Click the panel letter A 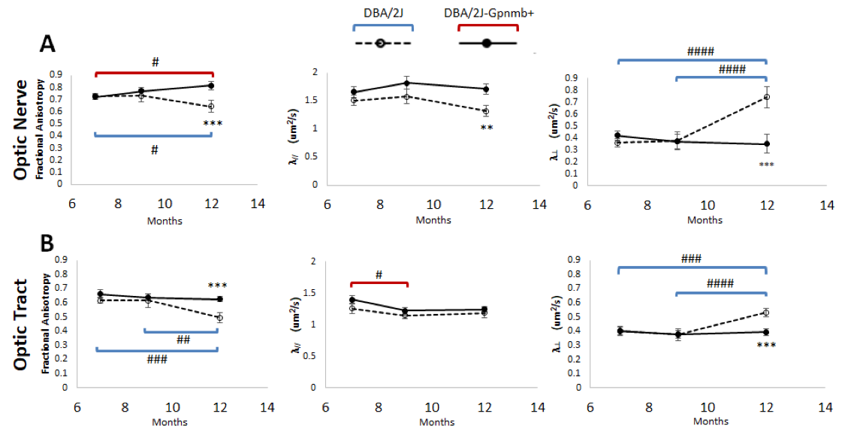tap(48, 44)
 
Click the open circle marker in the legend tap(382, 44)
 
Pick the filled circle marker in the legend tap(487, 44)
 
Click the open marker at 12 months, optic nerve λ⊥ tap(767, 97)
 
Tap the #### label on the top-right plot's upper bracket tap(700, 52)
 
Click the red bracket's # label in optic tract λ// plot tap(379, 275)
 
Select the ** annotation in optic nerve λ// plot tap(486, 128)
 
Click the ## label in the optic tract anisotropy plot tap(183, 340)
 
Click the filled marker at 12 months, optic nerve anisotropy tap(211, 86)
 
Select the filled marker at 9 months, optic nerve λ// tap(406, 83)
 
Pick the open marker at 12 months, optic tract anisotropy tap(219, 318)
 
